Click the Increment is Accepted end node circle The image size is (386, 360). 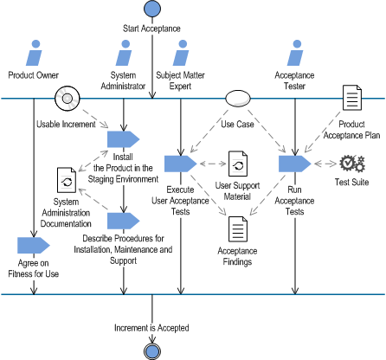coord(152,350)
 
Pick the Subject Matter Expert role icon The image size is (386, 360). coord(181,53)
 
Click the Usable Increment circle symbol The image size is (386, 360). coord(67,99)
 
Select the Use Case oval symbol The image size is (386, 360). coord(238,99)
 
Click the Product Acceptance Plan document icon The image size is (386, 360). coord(351,99)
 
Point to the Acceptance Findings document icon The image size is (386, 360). coord(238,229)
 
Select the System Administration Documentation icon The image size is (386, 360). coord(67,182)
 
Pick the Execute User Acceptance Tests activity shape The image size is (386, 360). coord(180,163)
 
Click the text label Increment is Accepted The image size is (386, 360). coord(152,328)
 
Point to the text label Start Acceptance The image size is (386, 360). coord(152,29)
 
